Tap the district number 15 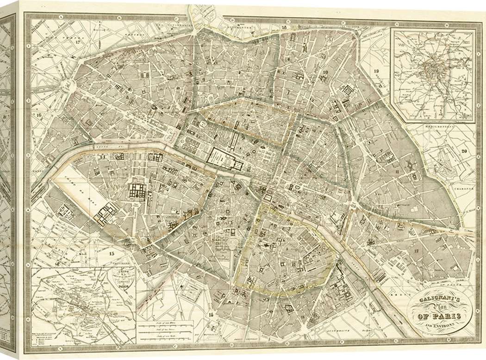111,253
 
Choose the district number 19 376,70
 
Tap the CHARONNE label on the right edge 464,189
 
